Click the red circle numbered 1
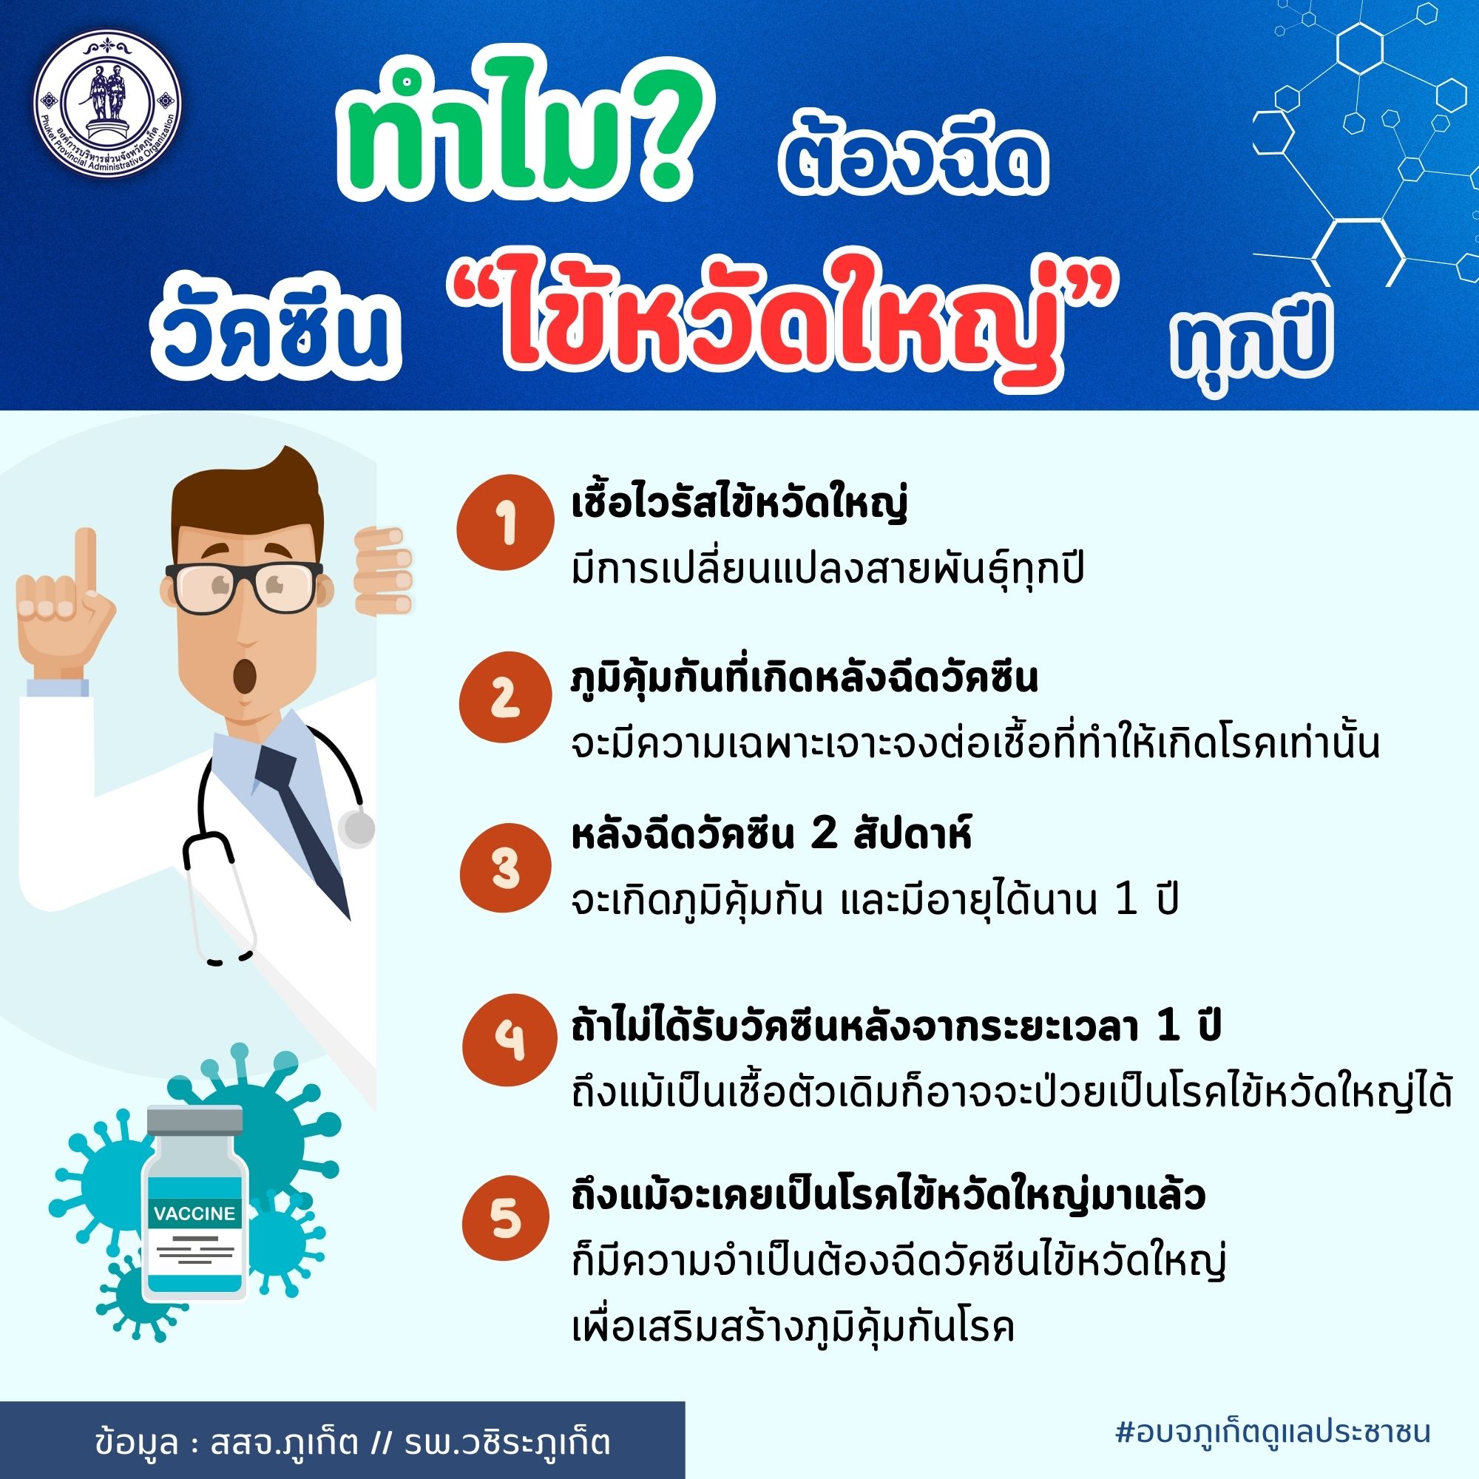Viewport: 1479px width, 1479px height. click(x=504, y=527)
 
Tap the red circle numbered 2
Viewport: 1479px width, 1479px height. click(x=504, y=698)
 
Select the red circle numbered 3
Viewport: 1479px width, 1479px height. click(x=504, y=870)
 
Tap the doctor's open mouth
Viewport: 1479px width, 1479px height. click(x=246, y=676)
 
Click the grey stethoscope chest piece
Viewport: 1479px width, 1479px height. click(x=356, y=828)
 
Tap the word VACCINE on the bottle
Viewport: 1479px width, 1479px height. click(x=194, y=1214)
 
